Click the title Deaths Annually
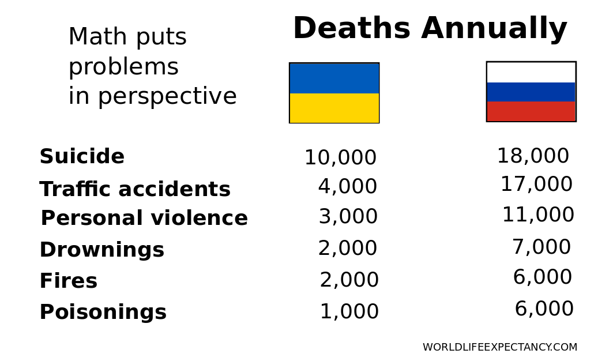click(x=430, y=29)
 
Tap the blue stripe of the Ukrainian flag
click(x=334, y=78)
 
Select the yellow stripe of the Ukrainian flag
click(x=334, y=108)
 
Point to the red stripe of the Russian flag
click(x=531, y=111)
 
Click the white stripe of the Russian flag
click(x=531, y=72)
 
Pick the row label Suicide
click(x=82, y=157)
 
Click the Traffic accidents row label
click(x=135, y=190)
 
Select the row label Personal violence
click(x=144, y=219)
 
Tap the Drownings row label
click(x=102, y=250)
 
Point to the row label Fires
click(x=69, y=281)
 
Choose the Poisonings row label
click(x=103, y=313)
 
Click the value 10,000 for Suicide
click(x=340, y=158)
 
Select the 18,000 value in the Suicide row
click(x=533, y=156)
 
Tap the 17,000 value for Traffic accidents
click(x=536, y=185)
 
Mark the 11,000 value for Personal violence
click(x=538, y=215)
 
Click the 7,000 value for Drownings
click(x=541, y=247)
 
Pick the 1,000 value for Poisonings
click(x=349, y=312)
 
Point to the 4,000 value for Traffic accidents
click(x=347, y=187)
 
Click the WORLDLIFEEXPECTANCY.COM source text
click(x=500, y=348)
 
